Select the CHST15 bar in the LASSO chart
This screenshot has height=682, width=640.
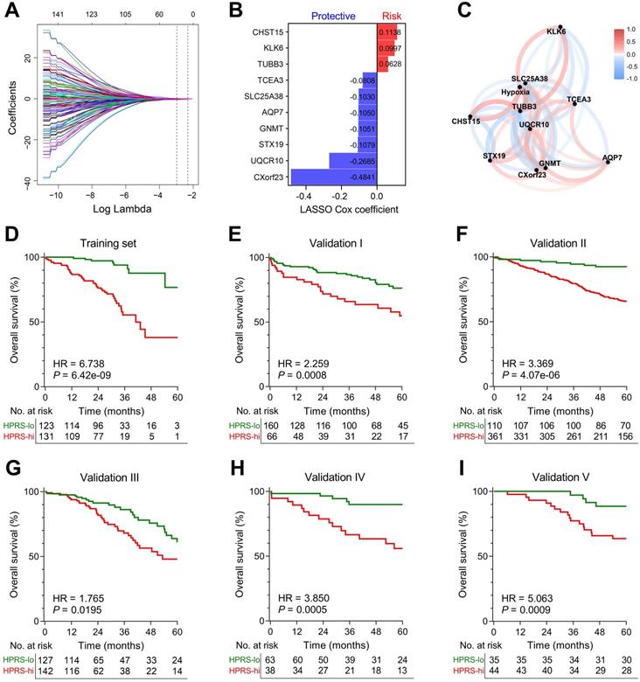pos(387,33)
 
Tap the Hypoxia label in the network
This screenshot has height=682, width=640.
pos(517,91)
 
